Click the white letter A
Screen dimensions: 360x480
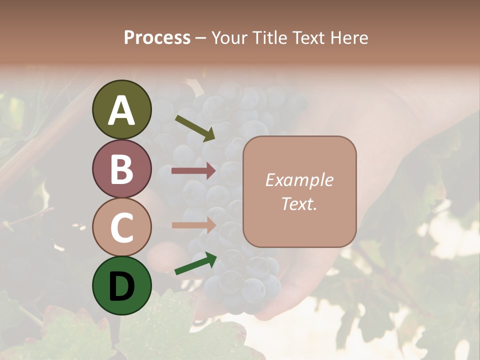pyautogui.click(x=121, y=110)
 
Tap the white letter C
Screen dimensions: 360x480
pyautogui.click(x=121, y=227)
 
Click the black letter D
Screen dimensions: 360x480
pyautogui.click(x=121, y=286)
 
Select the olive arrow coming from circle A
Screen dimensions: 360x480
pyautogui.click(x=195, y=128)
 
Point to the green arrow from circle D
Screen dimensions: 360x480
pyautogui.click(x=195, y=264)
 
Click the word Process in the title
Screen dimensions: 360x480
pyautogui.click(x=157, y=37)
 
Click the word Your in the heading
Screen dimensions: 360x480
pyautogui.click(x=230, y=37)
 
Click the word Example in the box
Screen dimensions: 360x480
pyautogui.click(x=299, y=180)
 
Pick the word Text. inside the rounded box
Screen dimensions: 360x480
pyautogui.click(x=299, y=203)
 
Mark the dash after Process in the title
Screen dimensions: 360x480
pyautogui.click(x=200, y=38)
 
